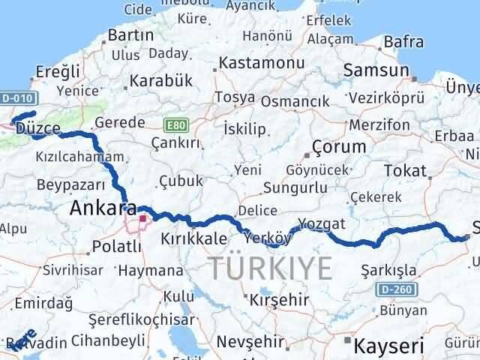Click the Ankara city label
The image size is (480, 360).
[x=103, y=208]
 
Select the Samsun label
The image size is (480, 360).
[x=375, y=70]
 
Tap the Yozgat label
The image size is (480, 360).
[x=322, y=224]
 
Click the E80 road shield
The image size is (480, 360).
[x=174, y=125]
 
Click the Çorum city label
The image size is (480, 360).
[x=339, y=146]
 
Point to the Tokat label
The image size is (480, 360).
[x=404, y=171]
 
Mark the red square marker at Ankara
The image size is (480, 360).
[x=142, y=219]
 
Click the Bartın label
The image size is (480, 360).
[x=130, y=35]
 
